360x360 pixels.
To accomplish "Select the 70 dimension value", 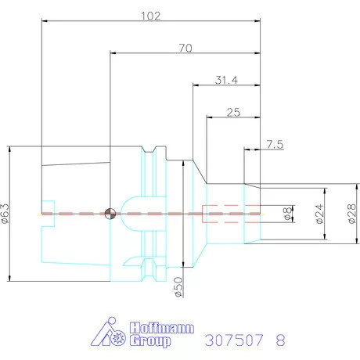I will coord(185,48).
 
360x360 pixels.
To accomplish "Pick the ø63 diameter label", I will coord(6,213).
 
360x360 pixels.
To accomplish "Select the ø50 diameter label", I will coord(178,286).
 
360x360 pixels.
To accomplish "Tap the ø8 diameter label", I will coord(288,213).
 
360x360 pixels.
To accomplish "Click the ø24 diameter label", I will coord(319,213).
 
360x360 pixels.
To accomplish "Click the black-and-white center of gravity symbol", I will coord(110,212).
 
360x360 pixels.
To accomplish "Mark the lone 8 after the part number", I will coord(281,340).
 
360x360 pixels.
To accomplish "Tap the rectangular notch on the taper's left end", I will coord(49,212).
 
